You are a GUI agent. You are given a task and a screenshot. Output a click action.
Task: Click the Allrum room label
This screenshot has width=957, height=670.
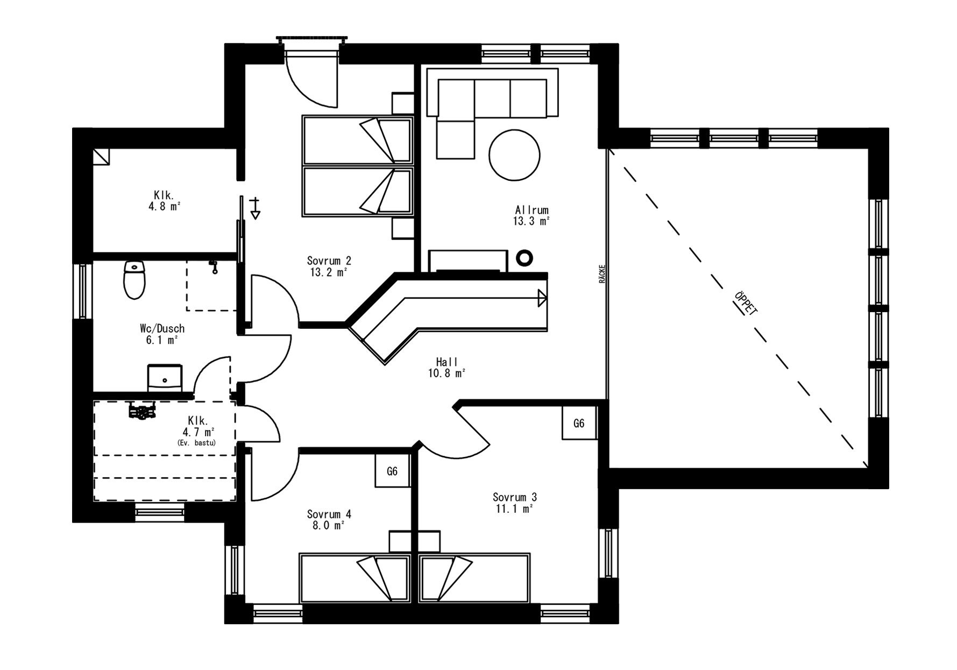coord(531,210)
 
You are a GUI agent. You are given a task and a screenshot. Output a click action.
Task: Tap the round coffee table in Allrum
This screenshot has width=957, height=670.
coord(514,154)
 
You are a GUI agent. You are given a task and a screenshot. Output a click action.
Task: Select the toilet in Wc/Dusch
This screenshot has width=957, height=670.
coord(134,280)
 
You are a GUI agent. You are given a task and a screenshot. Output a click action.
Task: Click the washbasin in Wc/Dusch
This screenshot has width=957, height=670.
coord(165,378)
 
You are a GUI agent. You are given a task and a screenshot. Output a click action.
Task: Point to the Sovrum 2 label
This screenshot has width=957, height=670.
coord(329,261)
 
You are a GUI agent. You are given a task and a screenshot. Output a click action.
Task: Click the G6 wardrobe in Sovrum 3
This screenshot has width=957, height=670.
coord(579,423)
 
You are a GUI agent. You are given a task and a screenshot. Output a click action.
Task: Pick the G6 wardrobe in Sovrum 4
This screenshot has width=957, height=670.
coord(392,471)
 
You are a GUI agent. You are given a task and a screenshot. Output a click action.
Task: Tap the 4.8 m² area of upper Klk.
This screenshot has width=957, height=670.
coord(164,206)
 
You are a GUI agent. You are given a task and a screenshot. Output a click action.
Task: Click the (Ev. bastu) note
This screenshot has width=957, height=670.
coord(196,442)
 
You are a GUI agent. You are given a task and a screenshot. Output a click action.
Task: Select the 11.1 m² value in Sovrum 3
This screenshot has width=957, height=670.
coord(514,509)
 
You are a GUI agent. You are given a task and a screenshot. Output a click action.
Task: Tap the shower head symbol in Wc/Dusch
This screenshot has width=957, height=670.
coord(214,266)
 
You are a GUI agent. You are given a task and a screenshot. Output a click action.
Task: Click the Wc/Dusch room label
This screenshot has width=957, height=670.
coord(162,328)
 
